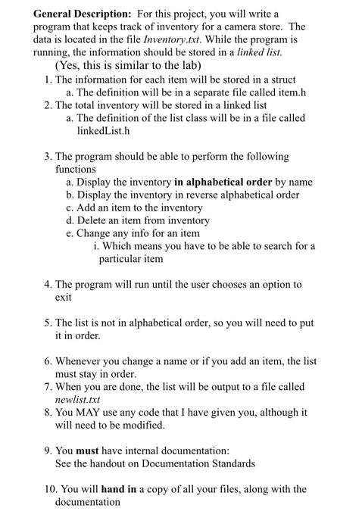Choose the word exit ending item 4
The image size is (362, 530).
(x=64, y=298)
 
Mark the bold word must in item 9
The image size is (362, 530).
(x=89, y=451)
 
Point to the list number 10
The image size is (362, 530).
(x=47, y=489)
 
